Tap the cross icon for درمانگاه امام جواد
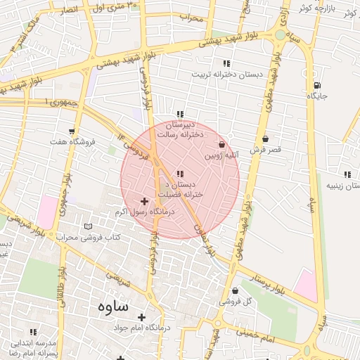click(141, 317)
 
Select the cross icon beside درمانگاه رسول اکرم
click(145, 202)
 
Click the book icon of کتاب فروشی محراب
click(87, 226)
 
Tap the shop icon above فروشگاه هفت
click(72, 131)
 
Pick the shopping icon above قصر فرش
click(265, 139)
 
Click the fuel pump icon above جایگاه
click(317, 86)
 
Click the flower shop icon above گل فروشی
click(234, 290)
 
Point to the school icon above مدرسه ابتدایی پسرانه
click(32, 332)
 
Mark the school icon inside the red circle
click(180, 174)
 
